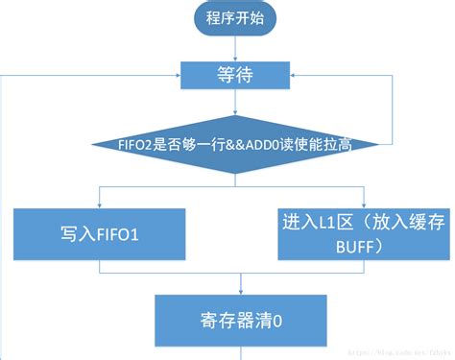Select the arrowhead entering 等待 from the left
[x=177, y=75]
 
